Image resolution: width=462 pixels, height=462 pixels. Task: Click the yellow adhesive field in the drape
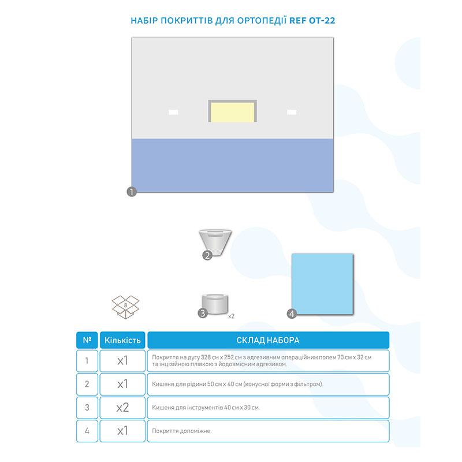pos(233,112)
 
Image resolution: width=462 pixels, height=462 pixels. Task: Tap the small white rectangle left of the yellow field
pos(173,112)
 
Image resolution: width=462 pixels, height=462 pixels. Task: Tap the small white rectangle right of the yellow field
pos(292,112)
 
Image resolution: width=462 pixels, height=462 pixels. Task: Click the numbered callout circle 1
pos(132,192)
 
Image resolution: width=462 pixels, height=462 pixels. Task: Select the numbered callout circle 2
pos(207,255)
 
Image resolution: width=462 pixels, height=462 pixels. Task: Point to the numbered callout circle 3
pos(203,313)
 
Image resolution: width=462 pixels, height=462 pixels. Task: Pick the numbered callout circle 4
pos(292,314)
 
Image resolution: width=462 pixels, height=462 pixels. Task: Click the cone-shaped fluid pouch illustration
pos(215,243)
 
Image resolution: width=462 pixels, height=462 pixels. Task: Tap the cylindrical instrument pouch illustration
pos(215,304)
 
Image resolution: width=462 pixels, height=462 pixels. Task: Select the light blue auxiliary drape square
pos(322,284)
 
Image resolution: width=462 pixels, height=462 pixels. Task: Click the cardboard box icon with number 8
pos(125,307)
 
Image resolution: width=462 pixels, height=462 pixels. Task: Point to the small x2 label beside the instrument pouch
pos(232,316)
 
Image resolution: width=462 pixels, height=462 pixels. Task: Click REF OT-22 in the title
pos(312,20)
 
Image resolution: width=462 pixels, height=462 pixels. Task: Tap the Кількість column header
pos(122,340)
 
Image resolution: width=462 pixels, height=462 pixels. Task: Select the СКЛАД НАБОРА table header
pos(268,340)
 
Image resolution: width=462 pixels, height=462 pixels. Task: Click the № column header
pos(87,340)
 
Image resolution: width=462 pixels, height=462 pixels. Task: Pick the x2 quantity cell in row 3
pos(122,408)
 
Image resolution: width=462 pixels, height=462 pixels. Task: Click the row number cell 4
pos(87,431)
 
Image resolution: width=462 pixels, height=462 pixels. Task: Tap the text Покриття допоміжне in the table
pos(182,431)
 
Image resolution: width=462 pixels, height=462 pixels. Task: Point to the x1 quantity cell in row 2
pos(122,384)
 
